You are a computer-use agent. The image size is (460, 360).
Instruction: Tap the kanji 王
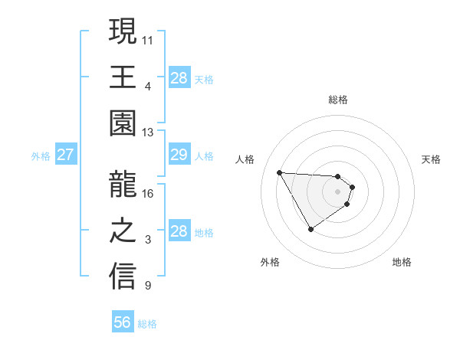(123, 77)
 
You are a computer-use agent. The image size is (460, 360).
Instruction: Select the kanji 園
(123, 124)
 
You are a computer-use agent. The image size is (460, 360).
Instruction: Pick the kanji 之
(123, 231)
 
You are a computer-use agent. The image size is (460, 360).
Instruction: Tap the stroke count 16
(148, 193)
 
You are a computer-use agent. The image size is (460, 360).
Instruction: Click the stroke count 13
(148, 133)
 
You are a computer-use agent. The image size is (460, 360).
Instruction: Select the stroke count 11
(148, 39)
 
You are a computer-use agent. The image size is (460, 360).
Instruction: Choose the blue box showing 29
(179, 155)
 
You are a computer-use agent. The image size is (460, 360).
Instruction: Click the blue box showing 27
(65, 155)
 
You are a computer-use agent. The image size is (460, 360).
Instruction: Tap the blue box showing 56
(122, 322)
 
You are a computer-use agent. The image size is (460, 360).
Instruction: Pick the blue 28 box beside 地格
(179, 231)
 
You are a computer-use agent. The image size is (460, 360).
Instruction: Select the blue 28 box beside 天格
(179, 77)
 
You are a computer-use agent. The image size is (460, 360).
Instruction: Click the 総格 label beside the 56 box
(147, 324)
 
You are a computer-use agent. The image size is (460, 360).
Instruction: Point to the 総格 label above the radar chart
(337, 100)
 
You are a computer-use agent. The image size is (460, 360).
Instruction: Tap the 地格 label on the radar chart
(402, 262)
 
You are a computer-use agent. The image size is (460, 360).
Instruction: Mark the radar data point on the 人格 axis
(280, 172)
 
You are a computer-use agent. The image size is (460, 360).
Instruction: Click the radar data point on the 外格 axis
(310, 229)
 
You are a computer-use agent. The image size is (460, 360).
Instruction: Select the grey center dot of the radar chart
(337, 191)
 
